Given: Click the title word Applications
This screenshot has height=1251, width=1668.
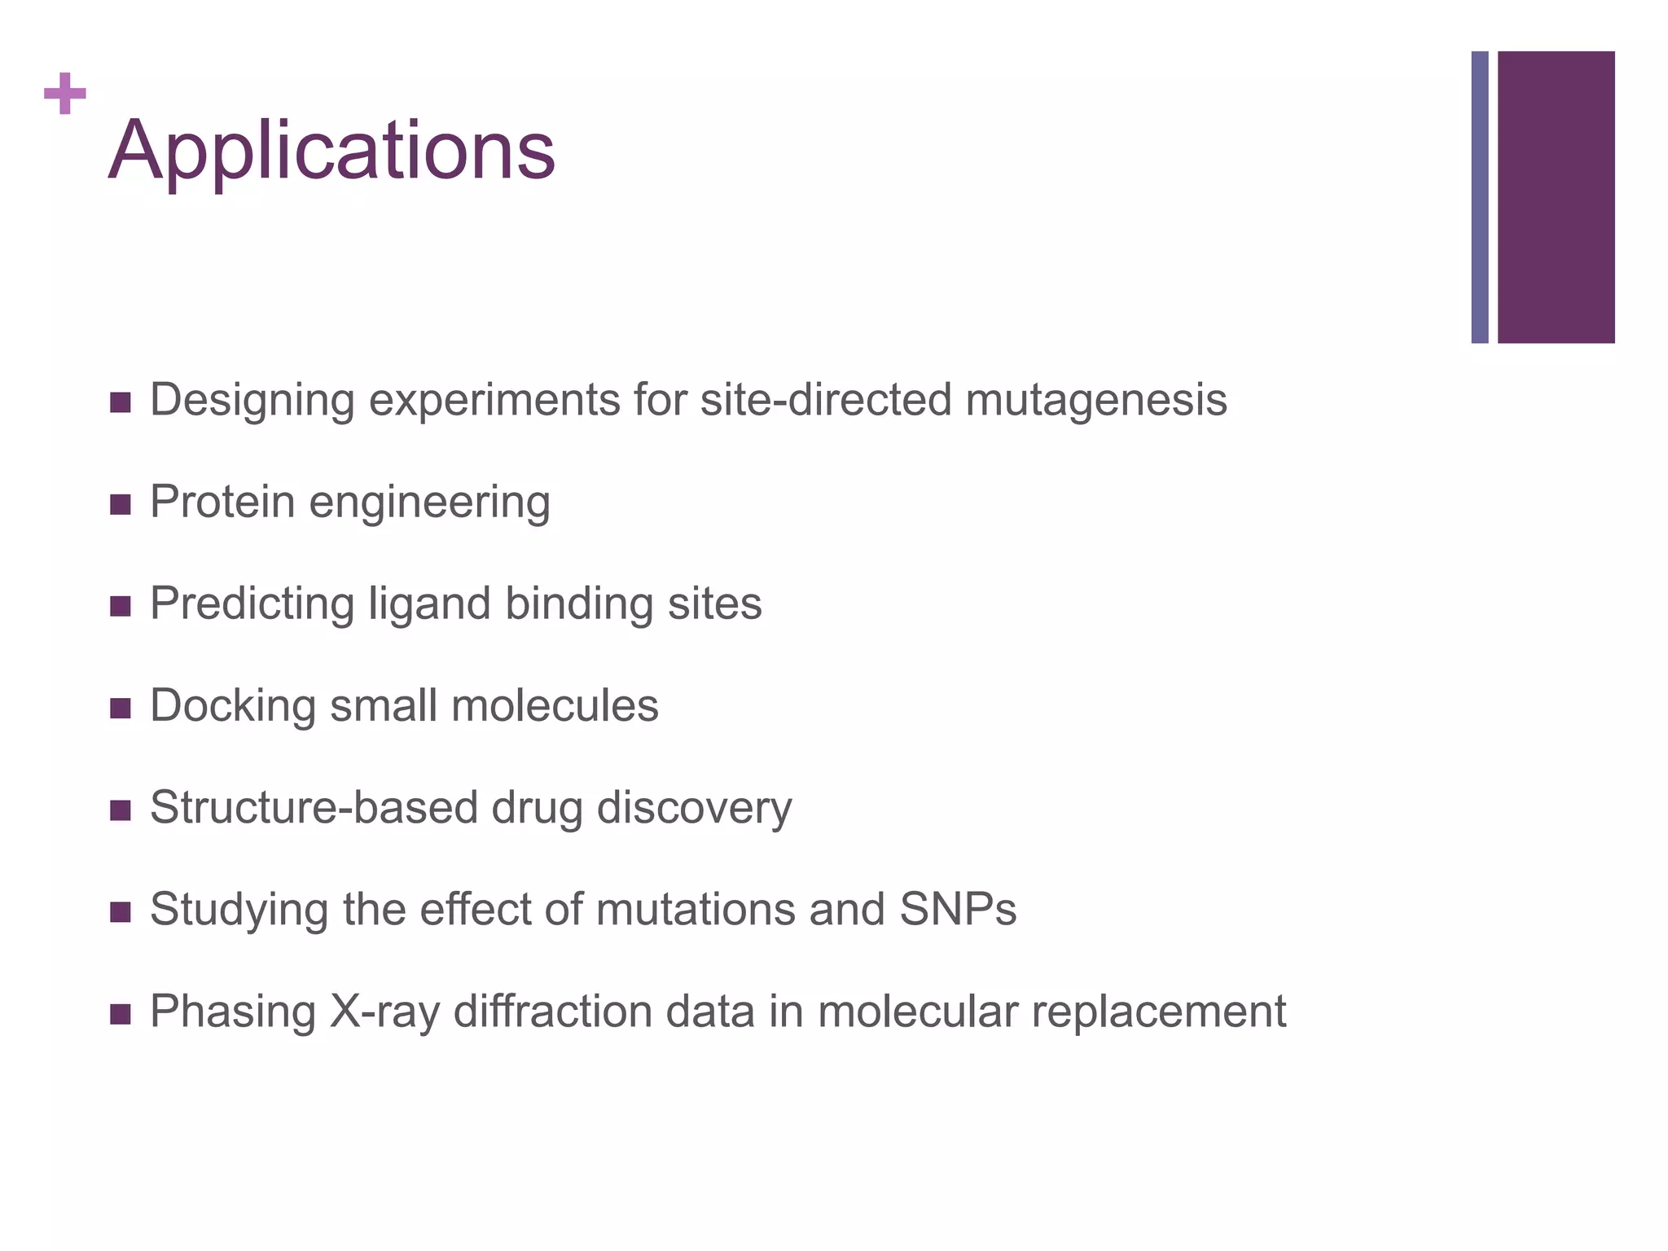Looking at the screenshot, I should (x=331, y=151).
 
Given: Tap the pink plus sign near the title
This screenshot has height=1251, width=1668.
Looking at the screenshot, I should (x=65, y=94).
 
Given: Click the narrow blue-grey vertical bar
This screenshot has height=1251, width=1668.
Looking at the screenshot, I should (x=1479, y=197).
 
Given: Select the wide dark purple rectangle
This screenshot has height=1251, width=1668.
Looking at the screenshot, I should (x=1556, y=197).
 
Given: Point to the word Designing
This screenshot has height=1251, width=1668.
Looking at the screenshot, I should (x=252, y=401).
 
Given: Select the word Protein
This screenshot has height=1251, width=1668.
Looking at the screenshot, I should (x=222, y=502).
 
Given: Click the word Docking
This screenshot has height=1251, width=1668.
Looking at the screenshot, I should (x=233, y=706).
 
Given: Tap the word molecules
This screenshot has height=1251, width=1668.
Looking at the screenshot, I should (x=555, y=706).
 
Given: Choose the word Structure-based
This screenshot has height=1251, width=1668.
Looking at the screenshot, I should (x=314, y=808).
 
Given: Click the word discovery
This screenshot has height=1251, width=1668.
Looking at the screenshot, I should (x=694, y=808).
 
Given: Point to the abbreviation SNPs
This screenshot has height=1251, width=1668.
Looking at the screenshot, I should (x=958, y=909).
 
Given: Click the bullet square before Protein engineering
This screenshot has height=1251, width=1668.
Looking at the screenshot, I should (x=120, y=505).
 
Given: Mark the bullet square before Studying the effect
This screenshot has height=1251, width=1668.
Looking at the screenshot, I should (x=120, y=912).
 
